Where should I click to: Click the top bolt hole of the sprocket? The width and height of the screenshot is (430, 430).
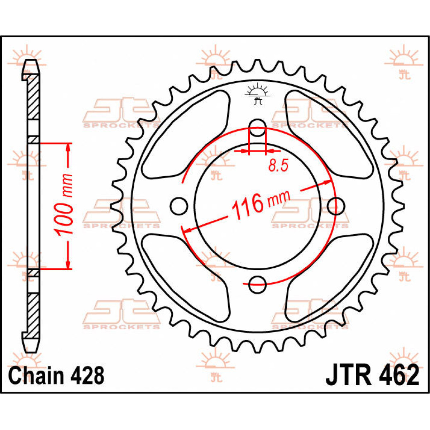257,128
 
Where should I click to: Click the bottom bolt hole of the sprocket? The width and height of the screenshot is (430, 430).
257,285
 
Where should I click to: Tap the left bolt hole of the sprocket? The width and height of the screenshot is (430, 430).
178,206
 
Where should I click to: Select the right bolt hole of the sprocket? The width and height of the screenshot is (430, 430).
336,206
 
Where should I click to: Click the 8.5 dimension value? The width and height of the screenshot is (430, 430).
278,166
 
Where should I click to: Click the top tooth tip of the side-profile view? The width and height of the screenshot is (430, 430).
31,63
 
